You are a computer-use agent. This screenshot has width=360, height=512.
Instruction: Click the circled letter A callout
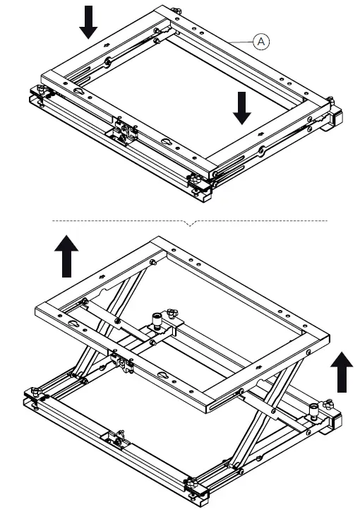(x=261, y=43)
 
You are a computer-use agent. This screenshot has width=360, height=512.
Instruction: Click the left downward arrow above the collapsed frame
(x=88, y=21)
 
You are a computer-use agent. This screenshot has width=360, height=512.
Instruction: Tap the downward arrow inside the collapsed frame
(x=242, y=107)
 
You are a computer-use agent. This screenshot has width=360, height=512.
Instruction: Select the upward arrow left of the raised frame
(x=67, y=256)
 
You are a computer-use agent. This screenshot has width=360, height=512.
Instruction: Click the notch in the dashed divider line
(x=189, y=223)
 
